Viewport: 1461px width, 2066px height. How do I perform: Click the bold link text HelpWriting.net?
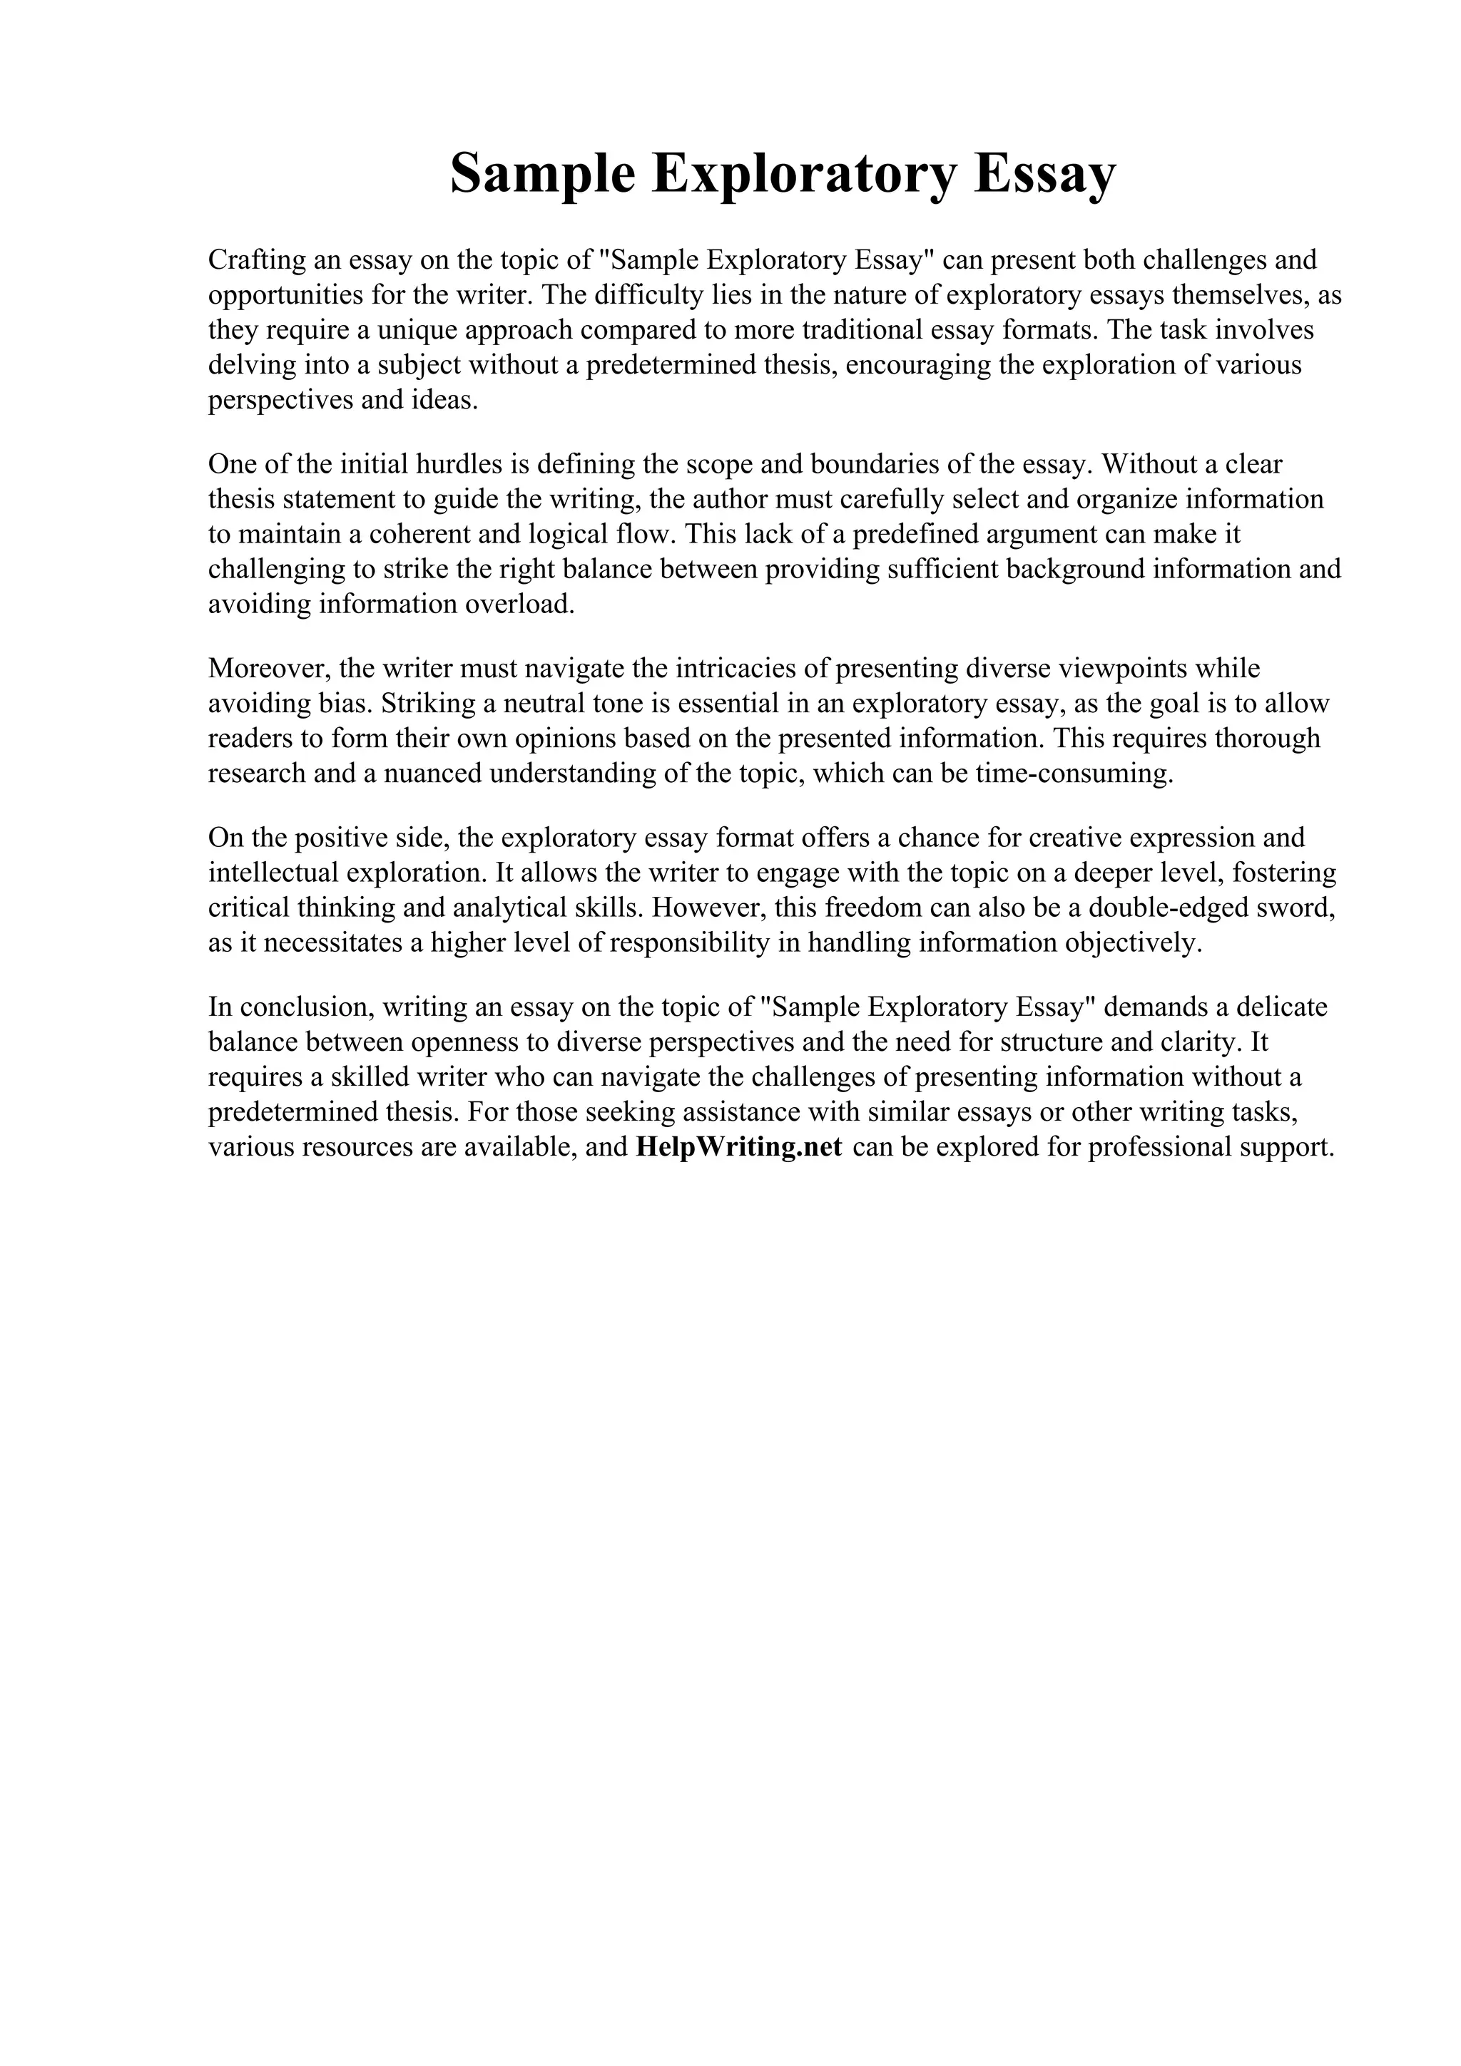click(738, 1147)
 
